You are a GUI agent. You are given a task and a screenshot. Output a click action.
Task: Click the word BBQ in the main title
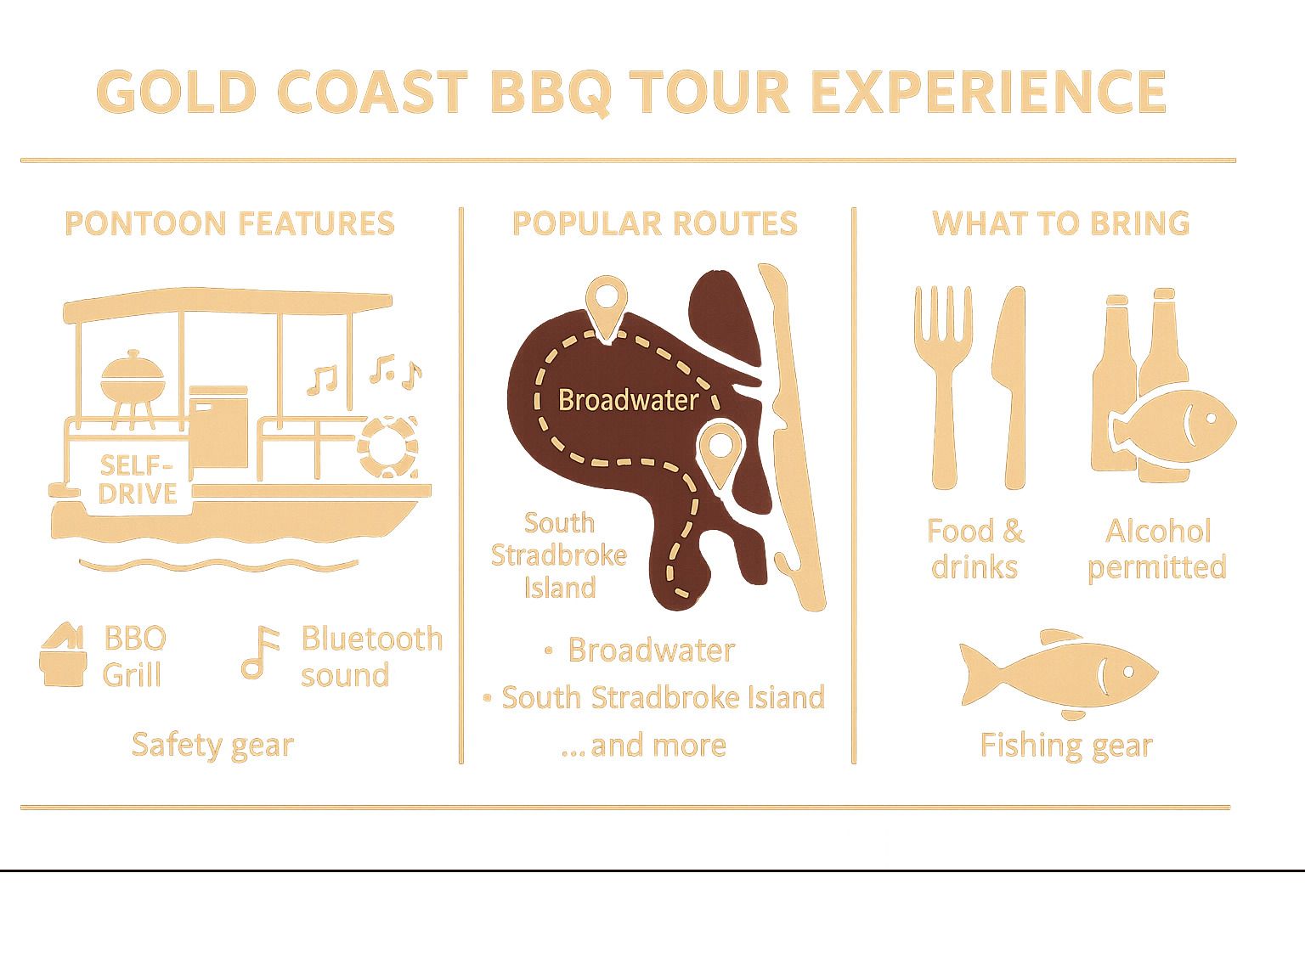pos(550,92)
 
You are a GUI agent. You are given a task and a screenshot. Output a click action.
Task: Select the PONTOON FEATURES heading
pos(229,223)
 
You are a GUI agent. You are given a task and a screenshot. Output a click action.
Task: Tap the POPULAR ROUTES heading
pos(654,223)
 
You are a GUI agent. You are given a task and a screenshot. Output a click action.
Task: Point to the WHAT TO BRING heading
pos(1060,223)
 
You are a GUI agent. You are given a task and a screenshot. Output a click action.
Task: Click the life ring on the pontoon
pos(388,446)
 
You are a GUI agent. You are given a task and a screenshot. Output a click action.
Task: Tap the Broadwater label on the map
pos(628,400)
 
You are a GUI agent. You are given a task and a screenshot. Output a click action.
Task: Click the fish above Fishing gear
pos(1058,673)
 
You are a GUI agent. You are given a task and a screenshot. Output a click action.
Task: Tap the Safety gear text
pos(212,745)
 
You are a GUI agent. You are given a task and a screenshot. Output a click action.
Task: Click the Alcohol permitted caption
pos(1157,549)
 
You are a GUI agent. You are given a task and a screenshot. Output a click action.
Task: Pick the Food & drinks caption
pos(975,549)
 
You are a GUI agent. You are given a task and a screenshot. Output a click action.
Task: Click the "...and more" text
pos(643,746)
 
